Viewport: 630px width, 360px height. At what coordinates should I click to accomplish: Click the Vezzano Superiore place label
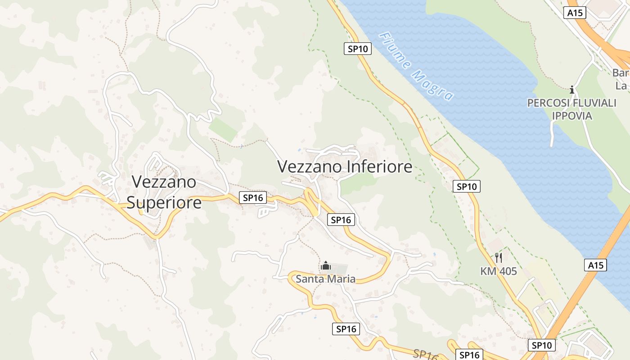tap(164, 192)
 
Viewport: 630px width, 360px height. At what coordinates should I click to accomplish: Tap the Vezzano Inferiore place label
tap(345, 166)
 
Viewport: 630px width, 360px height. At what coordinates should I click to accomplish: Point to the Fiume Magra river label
tap(416, 67)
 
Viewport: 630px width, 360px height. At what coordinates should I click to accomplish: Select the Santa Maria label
tap(325, 279)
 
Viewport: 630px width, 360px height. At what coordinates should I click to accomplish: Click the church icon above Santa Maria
tap(325, 266)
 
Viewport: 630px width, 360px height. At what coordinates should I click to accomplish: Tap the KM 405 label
tap(499, 271)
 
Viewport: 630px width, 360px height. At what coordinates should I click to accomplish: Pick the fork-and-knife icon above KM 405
tap(498, 258)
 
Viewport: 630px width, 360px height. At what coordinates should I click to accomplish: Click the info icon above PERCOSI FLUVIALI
tap(572, 90)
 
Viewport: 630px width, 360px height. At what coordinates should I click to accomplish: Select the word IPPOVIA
tap(572, 116)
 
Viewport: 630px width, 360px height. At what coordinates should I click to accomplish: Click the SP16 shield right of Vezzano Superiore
tap(253, 198)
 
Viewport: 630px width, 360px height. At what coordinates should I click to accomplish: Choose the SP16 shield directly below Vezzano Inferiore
tap(341, 220)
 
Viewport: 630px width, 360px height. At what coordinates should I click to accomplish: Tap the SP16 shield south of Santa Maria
tap(346, 329)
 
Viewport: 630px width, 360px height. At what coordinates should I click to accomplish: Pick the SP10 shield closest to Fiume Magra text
tap(358, 49)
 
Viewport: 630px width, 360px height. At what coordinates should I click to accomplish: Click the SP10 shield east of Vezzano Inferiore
tap(467, 186)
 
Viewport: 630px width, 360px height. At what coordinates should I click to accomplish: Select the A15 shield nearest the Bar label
tap(575, 13)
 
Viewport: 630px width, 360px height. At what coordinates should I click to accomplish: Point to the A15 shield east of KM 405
tap(596, 265)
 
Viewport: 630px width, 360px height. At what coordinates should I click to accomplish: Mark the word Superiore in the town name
tap(164, 202)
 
